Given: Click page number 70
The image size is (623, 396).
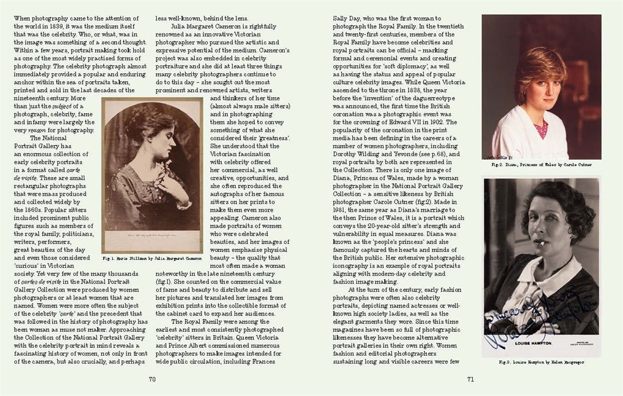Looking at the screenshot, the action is coord(153,379).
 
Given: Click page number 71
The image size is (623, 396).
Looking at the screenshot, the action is coord(470,379).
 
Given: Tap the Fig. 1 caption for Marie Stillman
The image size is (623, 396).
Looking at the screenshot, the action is coord(152,259).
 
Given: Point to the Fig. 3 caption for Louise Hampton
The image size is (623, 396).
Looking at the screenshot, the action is coord(541,362).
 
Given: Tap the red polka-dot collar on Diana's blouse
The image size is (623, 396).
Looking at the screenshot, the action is coord(541,128).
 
